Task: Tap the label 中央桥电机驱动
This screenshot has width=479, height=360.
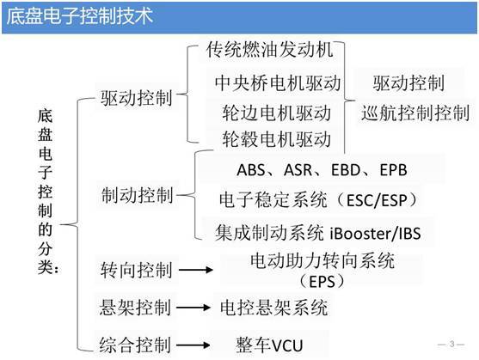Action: pyautogui.click(x=277, y=83)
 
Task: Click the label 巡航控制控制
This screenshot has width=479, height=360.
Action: pyautogui.click(x=416, y=113)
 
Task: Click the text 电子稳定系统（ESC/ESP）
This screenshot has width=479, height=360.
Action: pyautogui.click(x=318, y=200)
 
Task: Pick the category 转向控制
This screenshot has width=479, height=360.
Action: pyautogui.click(x=136, y=272)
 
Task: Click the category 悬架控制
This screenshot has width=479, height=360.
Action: pyautogui.click(x=136, y=307)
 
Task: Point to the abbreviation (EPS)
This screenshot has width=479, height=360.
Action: pyautogui.click(x=319, y=281)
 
